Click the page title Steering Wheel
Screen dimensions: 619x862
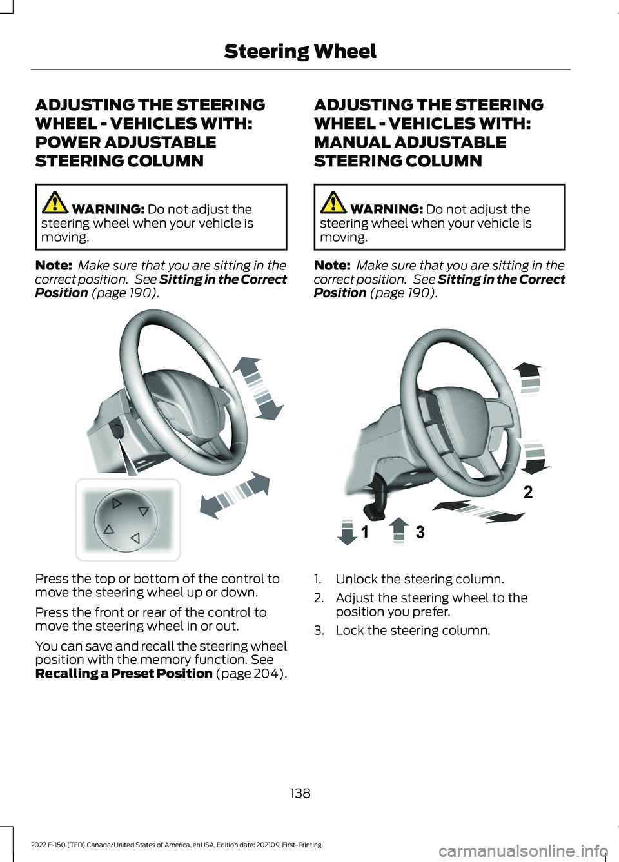coord(300,52)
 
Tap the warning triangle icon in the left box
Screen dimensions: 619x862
coord(55,202)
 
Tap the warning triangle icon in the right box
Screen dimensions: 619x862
coord(334,202)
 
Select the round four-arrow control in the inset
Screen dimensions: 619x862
coord(126,520)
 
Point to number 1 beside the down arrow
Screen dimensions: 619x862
coord(364,532)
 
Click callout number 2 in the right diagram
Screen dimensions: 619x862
coord(528,492)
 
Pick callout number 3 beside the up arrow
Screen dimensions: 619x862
coord(420,532)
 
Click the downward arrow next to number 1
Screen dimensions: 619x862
coord(348,531)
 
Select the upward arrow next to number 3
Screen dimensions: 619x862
coord(399,531)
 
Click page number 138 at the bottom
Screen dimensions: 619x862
coord(300,793)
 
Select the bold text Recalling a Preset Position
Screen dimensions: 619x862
coord(124,674)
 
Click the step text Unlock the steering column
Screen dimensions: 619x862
coord(420,579)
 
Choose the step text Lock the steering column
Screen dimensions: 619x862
coord(413,631)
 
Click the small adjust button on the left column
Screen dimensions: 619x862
coord(117,430)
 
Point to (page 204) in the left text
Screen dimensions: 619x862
coord(251,674)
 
